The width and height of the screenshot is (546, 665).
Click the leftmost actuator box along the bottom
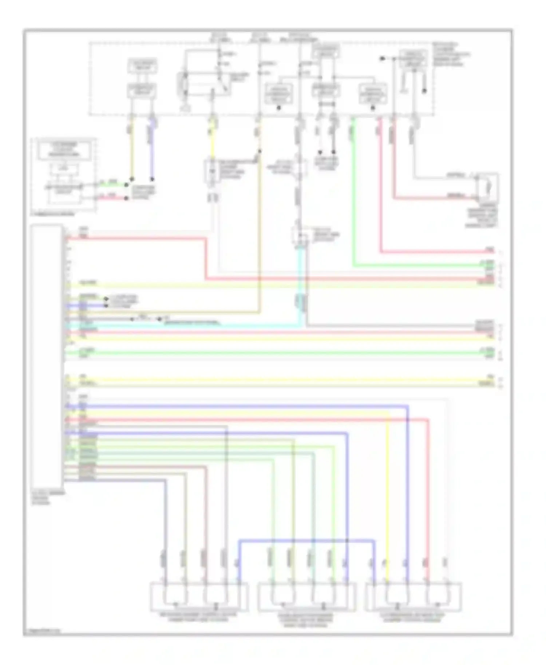(199, 597)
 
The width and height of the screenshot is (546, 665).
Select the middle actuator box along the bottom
(306, 597)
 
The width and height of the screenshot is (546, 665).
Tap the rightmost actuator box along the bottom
(414, 597)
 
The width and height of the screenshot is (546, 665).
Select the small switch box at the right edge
(488, 187)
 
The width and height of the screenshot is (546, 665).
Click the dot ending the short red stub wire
(126, 199)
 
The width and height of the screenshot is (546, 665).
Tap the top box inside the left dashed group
(64, 150)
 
